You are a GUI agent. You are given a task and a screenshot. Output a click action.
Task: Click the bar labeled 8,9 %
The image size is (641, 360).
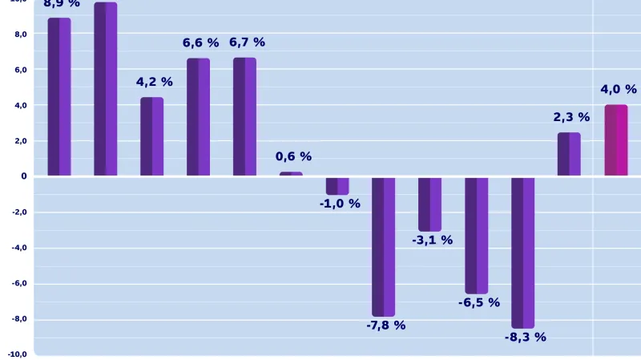click(x=59, y=96)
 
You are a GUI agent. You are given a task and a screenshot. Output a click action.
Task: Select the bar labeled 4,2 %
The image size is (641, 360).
click(x=151, y=136)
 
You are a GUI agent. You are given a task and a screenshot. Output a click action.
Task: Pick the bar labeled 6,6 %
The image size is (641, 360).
click(x=198, y=116)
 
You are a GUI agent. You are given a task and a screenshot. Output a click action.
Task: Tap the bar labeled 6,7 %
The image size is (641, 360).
click(x=244, y=116)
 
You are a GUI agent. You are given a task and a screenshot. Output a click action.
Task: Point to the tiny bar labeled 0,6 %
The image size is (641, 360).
click(x=291, y=174)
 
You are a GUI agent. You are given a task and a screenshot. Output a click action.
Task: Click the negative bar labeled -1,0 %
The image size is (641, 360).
click(x=337, y=186)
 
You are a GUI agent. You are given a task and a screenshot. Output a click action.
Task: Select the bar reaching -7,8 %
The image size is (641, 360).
click(x=384, y=246)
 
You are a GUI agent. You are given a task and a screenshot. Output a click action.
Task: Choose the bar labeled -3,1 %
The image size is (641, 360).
click(x=430, y=204)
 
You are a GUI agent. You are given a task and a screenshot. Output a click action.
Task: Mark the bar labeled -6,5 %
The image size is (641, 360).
click(x=477, y=235)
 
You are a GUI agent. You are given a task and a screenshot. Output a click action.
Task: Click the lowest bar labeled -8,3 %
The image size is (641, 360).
click(x=523, y=253)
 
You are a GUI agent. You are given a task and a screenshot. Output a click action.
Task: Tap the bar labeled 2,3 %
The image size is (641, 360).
click(x=569, y=154)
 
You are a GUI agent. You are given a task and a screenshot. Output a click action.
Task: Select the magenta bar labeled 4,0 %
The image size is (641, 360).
click(x=616, y=140)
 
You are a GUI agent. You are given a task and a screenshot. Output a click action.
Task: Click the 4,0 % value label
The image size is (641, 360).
click(x=619, y=90)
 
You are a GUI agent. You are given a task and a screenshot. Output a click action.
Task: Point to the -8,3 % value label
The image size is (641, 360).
click(x=525, y=338)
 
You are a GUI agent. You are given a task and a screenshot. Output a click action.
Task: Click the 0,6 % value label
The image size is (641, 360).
click(x=293, y=157)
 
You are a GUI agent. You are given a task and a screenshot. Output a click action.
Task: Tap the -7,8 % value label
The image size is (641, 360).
click(x=385, y=326)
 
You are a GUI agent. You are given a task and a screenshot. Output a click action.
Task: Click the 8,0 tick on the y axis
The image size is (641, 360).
click(x=20, y=34)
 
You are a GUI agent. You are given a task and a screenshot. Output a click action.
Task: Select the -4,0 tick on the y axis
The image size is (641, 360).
click(x=19, y=248)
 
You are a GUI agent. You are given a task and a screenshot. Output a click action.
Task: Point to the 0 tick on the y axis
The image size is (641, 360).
click(x=23, y=176)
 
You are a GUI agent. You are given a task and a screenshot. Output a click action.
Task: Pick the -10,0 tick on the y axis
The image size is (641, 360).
click(x=18, y=354)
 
